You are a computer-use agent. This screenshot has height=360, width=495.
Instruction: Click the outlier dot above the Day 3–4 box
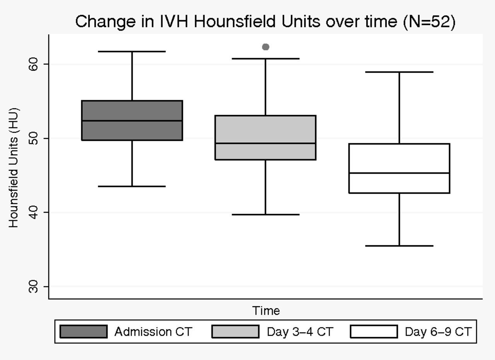266,47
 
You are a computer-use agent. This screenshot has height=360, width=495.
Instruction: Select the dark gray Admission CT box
132,120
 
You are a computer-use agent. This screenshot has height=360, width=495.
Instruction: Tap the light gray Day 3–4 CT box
265,137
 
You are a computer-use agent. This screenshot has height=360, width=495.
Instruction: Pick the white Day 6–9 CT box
399,168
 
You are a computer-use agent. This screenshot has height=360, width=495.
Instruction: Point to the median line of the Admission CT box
132,121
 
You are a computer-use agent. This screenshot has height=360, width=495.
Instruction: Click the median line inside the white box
399,173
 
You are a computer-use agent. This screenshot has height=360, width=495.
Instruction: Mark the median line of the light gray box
265,143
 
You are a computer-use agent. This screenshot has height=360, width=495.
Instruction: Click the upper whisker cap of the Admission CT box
132,51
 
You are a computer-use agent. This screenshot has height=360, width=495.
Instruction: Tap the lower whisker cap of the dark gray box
132,186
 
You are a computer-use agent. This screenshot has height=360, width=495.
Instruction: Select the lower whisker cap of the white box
399,246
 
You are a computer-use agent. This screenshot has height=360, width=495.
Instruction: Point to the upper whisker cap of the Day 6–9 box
399,72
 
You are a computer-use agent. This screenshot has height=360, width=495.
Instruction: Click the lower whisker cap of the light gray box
266,215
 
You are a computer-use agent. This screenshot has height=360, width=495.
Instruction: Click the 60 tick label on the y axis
33,64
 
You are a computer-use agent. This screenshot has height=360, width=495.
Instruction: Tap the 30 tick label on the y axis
33,287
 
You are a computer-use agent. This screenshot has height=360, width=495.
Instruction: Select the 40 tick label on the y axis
33,212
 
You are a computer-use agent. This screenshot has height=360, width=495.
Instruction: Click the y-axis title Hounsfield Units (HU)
14,168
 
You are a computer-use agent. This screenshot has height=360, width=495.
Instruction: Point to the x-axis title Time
266,311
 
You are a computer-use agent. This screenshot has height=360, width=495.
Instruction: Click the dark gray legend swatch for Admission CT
84,331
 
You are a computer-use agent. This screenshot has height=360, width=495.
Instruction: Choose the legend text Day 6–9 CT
438,332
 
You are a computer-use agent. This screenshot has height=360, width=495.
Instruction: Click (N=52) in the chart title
429,22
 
